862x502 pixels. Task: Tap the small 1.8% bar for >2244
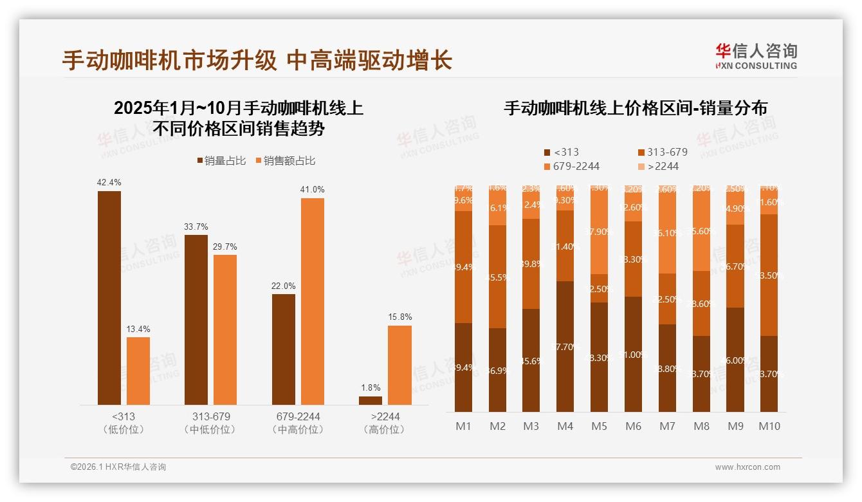click(371, 400)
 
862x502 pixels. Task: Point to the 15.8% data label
click(399, 317)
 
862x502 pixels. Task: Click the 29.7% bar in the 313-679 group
click(225, 330)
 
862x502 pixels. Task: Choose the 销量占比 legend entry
click(221, 161)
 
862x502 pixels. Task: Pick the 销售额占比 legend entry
click(286, 161)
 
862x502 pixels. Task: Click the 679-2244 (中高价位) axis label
click(296, 423)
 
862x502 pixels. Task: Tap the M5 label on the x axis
click(600, 426)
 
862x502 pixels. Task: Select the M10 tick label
click(769, 426)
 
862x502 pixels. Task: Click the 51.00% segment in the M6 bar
click(633, 354)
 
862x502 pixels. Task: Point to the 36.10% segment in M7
click(667, 233)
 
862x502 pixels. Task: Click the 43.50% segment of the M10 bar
click(769, 275)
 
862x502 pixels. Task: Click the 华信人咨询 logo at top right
click(756, 56)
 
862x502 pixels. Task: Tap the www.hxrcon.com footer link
click(747, 467)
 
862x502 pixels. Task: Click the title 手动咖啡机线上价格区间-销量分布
click(635, 108)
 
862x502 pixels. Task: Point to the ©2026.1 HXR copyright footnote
click(118, 467)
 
